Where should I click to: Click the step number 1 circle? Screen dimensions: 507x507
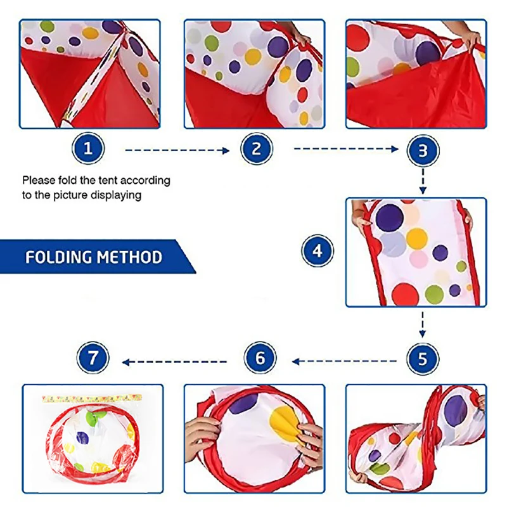point(88,150)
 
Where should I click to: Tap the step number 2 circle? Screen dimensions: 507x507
point(257,150)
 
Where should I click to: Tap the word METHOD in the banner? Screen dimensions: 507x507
point(129,257)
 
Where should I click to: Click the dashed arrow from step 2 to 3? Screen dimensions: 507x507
point(345,150)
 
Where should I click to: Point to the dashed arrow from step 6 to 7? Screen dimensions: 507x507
point(174,362)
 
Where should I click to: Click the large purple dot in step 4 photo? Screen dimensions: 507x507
point(390,217)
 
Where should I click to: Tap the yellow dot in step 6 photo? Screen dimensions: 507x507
point(285,425)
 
